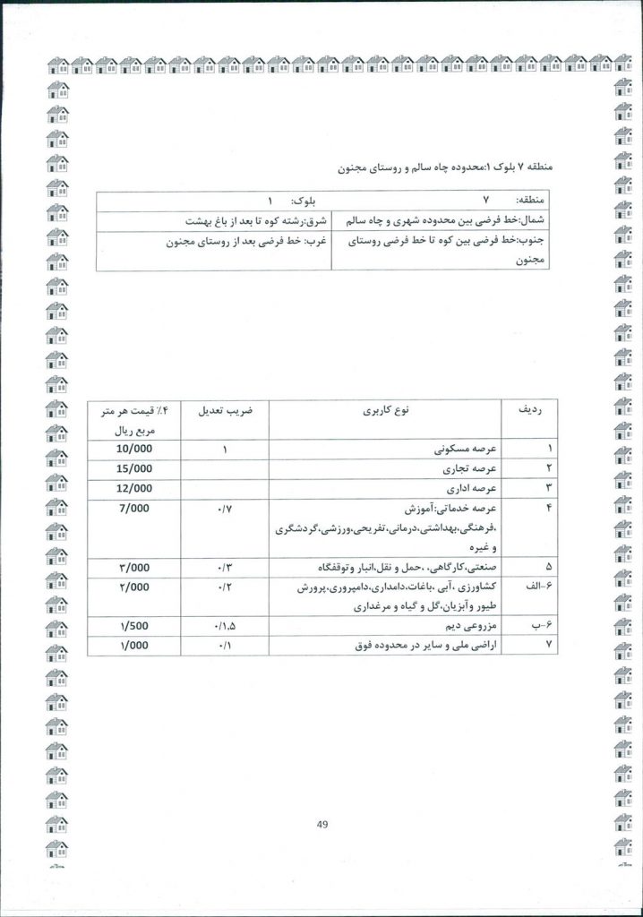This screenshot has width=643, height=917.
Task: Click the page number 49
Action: (x=323, y=826)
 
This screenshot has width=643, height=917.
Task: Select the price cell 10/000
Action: (x=136, y=448)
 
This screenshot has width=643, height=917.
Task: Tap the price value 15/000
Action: (x=136, y=468)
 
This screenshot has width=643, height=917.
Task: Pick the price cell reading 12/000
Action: (x=136, y=488)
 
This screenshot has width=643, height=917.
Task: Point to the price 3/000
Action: (x=136, y=568)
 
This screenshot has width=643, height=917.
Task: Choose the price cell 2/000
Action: (x=136, y=588)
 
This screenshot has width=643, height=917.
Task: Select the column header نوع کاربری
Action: (x=386, y=412)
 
